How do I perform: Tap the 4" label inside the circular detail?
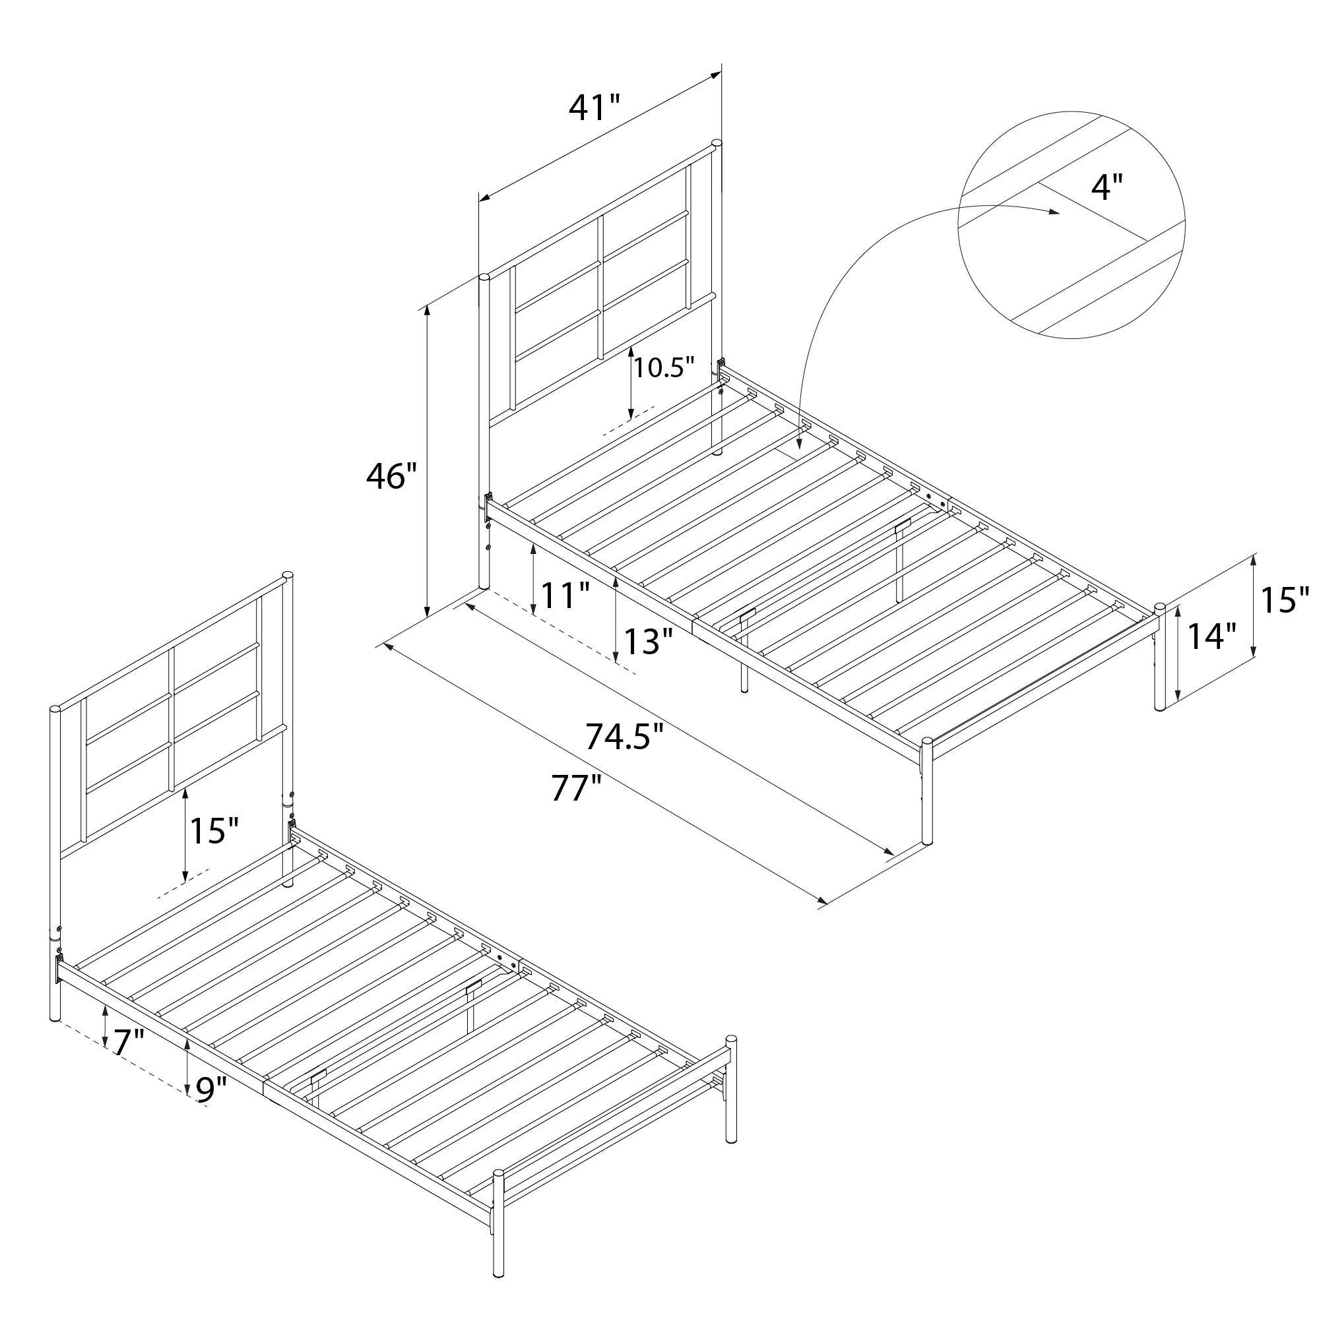1107,187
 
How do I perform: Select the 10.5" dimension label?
663,368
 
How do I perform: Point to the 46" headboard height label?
391,476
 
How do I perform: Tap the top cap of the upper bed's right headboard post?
717,144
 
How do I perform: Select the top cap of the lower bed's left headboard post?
55,710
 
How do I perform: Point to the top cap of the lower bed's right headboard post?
288,576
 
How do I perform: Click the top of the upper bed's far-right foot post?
1160,607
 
